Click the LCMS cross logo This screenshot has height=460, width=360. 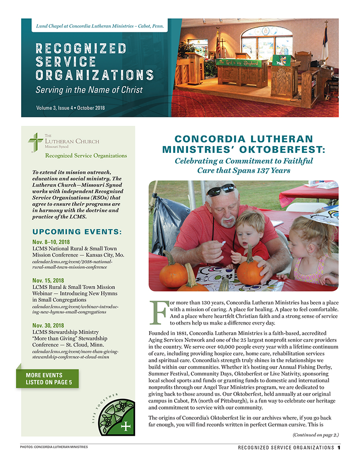click(x=36, y=142)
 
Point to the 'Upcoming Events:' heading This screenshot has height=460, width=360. click(x=77, y=232)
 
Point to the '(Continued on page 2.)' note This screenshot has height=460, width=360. click(x=315, y=435)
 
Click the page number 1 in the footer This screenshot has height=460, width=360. click(x=338, y=447)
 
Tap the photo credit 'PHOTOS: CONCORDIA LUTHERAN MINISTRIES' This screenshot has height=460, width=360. click(x=54, y=447)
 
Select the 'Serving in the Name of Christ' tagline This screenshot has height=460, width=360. click(x=89, y=89)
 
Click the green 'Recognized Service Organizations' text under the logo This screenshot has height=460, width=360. click(x=85, y=156)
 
